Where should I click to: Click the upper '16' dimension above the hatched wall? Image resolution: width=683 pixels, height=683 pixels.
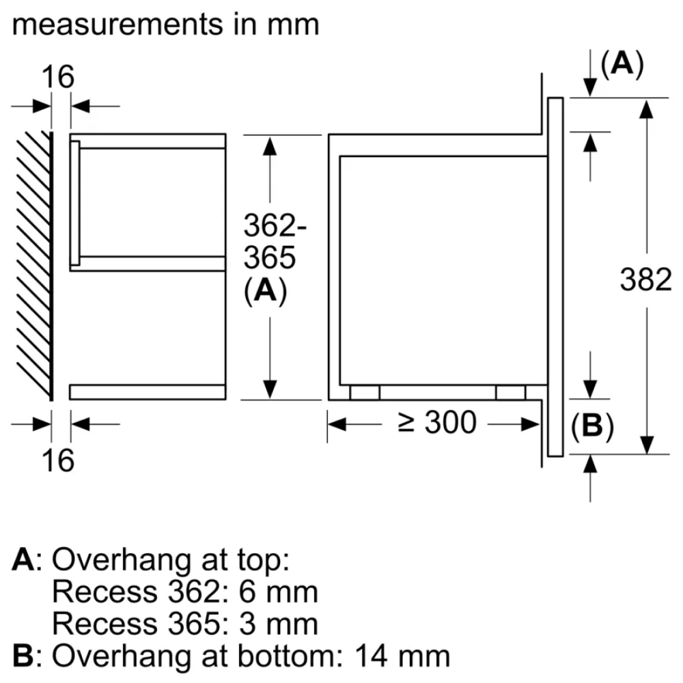click(59, 77)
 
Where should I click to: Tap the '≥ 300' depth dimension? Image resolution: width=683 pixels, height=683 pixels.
click(436, 423)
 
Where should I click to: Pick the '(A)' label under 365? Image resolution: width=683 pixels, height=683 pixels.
click(264, 292)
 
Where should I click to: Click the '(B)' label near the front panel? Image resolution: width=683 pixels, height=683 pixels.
click(591, 427)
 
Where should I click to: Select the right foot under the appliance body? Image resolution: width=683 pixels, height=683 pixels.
click(510, 392)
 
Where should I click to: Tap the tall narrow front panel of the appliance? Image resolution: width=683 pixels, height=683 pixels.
click(555, 277)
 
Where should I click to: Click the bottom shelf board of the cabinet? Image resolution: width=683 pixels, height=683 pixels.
click(147, 391)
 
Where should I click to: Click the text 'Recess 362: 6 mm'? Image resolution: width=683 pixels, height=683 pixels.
click(184, 591)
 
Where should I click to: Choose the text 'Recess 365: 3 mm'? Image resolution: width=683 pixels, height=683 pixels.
click(184, 624)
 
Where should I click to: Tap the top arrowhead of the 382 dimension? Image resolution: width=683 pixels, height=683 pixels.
click(645, 106)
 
